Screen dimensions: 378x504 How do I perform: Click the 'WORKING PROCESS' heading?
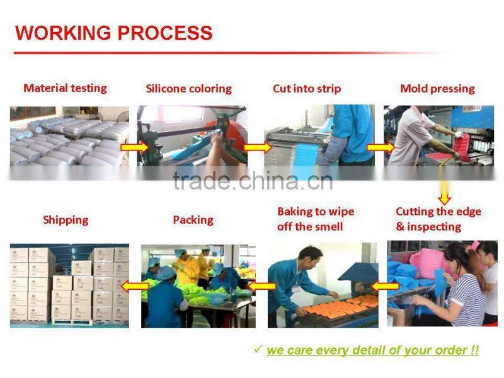[113, 33]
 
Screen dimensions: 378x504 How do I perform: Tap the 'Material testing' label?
[65, 88]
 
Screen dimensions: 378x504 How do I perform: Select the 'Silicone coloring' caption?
[188, 89]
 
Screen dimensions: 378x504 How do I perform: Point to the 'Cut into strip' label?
[307, 89]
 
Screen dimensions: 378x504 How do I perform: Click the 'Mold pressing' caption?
[437, 89]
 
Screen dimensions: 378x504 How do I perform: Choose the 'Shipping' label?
[66, 220]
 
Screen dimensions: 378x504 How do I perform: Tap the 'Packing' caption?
[193, 220]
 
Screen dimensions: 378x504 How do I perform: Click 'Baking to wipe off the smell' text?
[316, 219]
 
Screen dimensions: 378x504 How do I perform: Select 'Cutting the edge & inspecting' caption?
[438, 219]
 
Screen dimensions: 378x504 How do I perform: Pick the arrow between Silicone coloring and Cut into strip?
[256, 148]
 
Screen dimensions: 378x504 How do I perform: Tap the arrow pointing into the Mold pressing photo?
[379, 148]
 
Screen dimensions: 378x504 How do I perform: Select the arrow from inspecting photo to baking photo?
[384, 286]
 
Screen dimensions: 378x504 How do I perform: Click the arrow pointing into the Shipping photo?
[135, 286]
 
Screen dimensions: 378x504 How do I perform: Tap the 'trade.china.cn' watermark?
[252, 181]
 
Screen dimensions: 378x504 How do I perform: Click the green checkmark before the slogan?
[258, 348]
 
